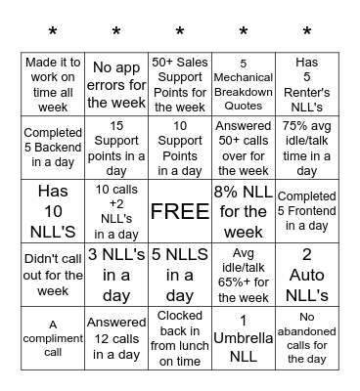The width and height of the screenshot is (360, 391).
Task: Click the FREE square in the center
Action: coord(180,210)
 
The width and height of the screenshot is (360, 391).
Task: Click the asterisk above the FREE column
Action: coord(180,33)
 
